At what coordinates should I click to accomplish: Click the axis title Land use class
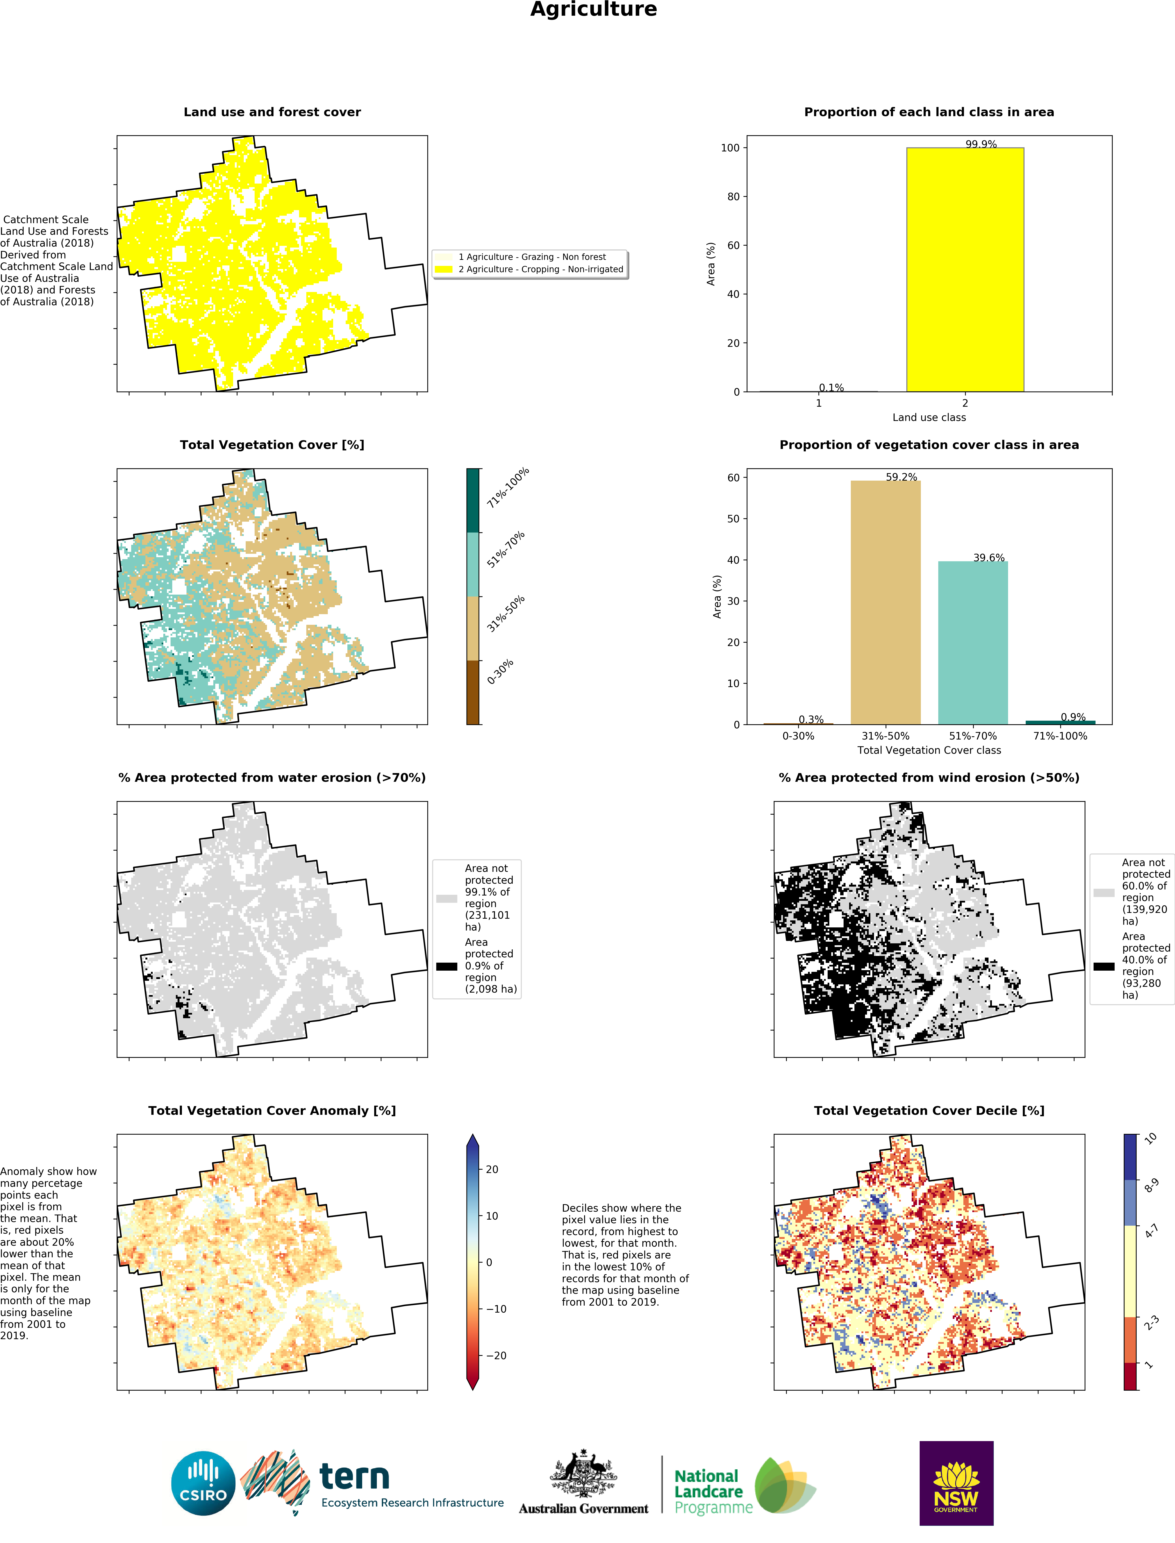(x=929, y=417)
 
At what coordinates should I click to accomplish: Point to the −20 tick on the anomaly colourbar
(x=496, y=1356)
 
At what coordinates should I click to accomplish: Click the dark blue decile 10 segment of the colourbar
(x=1130, y=1157)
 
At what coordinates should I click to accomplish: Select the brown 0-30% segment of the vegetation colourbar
(x=473, y=692)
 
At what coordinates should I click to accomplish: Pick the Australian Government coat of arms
(x=583, y=1473)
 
